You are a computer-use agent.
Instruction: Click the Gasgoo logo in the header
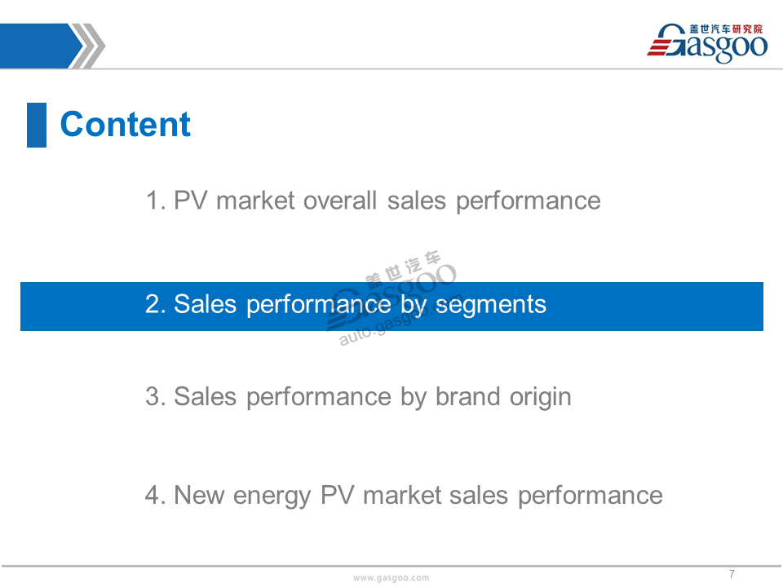click(x=707, y=43)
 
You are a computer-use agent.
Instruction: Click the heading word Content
click(x=126, y=124)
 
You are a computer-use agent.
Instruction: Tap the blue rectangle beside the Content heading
click(x=37, y=125)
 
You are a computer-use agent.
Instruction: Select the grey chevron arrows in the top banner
click(x=89, y=46)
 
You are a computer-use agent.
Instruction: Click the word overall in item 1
click(x=339, y=201)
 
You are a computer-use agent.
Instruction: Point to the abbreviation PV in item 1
click(x=190, y=201)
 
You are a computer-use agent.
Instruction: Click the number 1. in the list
click(x=155, y=201)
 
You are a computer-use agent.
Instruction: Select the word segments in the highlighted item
click(x=491, y=305)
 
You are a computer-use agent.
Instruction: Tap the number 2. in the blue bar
click(x=155, y=304)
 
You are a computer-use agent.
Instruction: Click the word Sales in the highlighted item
click(x=205, y=304)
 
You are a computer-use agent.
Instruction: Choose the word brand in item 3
click(x=467, y=397)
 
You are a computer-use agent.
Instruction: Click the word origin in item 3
click(x=540, y=398)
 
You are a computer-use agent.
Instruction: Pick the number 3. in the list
click(x=155, y=397)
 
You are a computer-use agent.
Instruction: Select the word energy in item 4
click(x=272, y=497)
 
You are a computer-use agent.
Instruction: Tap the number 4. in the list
click(x=155, y=495)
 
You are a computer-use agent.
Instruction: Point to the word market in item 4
click(x=401, y=495)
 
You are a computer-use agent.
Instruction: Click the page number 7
click(x=732, y=574)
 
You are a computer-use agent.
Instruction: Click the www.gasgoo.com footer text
click(x=391, y=577)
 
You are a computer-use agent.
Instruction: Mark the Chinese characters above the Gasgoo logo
click(x=726, y=29)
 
